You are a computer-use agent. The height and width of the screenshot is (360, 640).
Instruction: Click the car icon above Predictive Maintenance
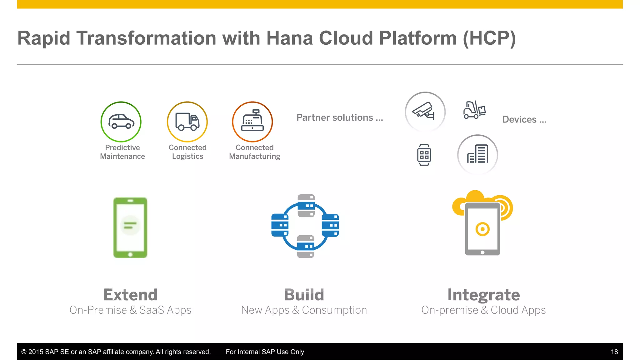pyautogui.click(x=121, y=122)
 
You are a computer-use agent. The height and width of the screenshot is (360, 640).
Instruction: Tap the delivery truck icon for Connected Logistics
pyautogui.click(x=187, y=122)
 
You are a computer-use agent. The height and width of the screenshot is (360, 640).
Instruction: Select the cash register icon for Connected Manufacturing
pyautogui.click(x=252, y=122)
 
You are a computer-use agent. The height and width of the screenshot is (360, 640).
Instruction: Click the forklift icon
pyautogui.click(x=474, y=110)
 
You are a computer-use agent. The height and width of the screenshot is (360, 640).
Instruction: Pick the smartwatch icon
pyautogui.click(x=424, y=155)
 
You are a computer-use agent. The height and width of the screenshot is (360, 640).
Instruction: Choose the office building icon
pyautogui.click(x=477, y=154)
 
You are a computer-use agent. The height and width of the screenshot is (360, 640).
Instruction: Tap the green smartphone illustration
pyautogui.click(x=130, y=227)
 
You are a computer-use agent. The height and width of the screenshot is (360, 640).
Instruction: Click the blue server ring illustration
pyautogui.click(x=305, y=226)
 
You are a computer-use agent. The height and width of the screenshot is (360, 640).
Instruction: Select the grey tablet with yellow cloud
pyautogui.click(x=482, y=225)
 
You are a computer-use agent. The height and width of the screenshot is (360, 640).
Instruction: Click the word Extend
pyautogui.click(x=131, y=295)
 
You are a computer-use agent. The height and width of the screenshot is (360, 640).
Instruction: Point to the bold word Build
pyautogui.click(x=304, y=295)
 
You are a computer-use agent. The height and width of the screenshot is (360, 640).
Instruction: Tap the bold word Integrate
pyautogui.click(x=483, y=295)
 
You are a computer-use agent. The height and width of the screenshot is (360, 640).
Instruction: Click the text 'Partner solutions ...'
pyautogui.click(x=339, y=117)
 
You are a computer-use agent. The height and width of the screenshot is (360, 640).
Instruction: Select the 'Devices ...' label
pyautogui.click(x=524, y=119)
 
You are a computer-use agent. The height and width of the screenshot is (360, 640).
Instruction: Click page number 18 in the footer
pyautogui.click(x=614, y=352)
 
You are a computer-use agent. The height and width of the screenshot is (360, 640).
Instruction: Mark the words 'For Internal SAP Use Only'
pyautogui.click(x=265, y=352)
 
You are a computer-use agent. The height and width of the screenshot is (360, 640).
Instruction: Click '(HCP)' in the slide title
pyautogui.click(x=489, y=38)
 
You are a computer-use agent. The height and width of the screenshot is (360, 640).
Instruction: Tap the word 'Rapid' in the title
pyautogui.click(x=44, y=38)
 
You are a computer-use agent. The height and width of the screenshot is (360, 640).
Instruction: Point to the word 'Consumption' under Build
pyautogui.click(x=334, y=310)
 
